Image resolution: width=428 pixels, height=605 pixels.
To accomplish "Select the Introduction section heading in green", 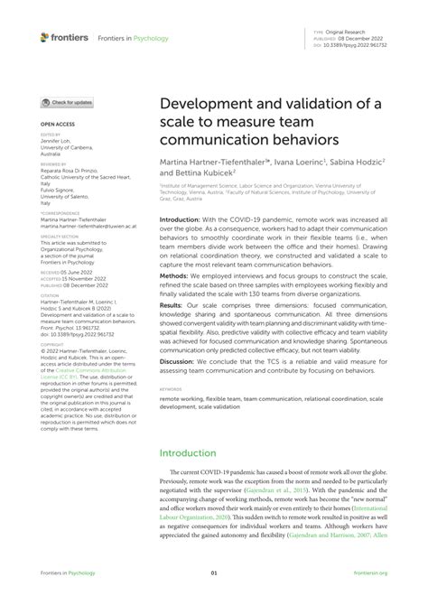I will [x=196, y=451].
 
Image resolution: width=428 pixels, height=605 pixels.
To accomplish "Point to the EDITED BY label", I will [x=51, y=133].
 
